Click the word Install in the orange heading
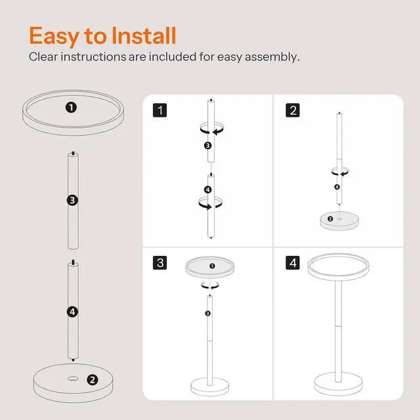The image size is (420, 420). tap(144, 35)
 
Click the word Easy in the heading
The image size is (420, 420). tap(54, 37)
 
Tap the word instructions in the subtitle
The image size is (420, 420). tap(93, 57)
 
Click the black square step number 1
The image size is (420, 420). tap(160, 110)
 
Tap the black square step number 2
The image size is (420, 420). tap(293, 110)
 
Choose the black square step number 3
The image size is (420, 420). tap(160, 262)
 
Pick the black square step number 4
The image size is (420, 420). tap(293, 262)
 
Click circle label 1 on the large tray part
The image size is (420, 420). tap(72, 108)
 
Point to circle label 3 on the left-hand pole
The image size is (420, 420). tap(73, 200)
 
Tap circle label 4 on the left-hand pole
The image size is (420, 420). tap(73, 312)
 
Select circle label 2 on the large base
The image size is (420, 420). tap(93, 380)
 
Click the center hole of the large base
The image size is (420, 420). tap(73, 379)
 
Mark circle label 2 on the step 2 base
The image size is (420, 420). tap(330, 219)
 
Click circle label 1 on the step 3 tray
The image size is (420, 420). tap(213, 266)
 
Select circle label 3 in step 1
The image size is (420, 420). tap(208, 146)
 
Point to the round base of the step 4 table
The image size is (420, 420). tap(339, 383)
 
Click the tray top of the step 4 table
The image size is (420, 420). tap(339, 267)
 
